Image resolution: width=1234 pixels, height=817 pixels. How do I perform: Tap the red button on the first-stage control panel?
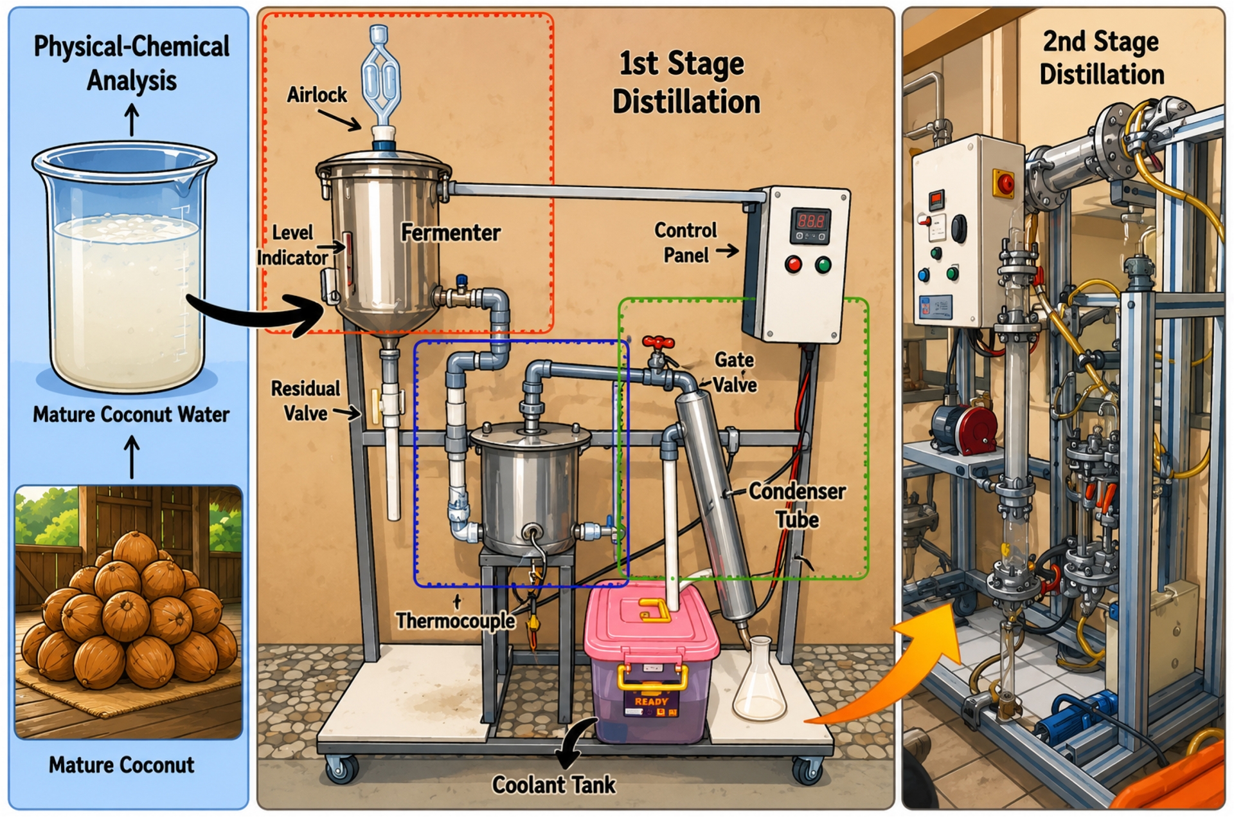point(794,264)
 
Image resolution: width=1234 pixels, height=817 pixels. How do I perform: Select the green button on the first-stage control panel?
point(823,264)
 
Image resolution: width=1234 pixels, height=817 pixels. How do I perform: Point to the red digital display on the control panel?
point(810,222)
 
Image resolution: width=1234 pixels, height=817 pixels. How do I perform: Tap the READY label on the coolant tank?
point(651,701)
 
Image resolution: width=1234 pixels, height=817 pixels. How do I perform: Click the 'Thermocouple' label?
point(455,621)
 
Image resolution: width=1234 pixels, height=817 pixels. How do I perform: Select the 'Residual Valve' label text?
point(305,401)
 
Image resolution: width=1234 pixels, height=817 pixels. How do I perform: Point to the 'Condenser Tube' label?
point(797,505)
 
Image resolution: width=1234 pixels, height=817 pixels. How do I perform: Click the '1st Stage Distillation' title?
point(685,83)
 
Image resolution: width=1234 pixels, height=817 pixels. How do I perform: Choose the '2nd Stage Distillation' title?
point(1102,58)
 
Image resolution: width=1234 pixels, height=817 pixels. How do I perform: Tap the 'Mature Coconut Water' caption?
point(131,414)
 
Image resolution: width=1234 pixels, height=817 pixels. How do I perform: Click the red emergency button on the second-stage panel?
point(1003,183)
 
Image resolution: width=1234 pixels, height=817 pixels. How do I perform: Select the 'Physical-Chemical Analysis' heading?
point(131,64)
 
